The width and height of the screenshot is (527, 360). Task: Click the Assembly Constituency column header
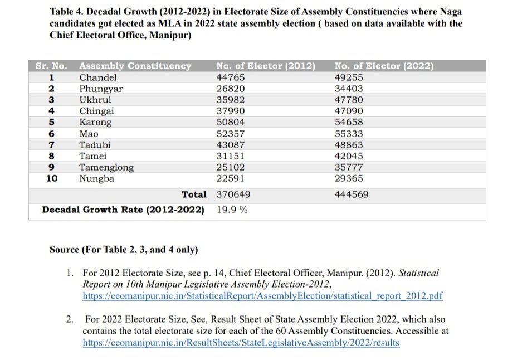[x=135, y=66]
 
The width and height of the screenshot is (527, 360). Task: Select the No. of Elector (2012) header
[x=266, y=66]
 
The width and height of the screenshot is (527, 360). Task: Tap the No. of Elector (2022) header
[x=384, y=66]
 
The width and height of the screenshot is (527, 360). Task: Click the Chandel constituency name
[x=98, y=77]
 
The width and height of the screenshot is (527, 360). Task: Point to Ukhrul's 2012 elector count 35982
[x=231, y=100]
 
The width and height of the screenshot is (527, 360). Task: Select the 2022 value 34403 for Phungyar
[x=349, y=89]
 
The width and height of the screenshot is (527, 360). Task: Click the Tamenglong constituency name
[x=106, y=167]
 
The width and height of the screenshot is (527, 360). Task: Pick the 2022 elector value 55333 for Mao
[x=349, y=134]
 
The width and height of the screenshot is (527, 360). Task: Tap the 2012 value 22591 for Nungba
[x=231, y=178]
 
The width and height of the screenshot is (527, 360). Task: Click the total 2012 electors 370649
[x=233, y=194]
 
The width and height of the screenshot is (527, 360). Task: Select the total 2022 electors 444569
[x=352, y=194]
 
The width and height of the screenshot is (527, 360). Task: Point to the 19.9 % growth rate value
[x=232, y=210]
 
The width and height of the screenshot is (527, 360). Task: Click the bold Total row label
[x=194, y=194]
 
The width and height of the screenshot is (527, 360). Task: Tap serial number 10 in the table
[x=52, y=178]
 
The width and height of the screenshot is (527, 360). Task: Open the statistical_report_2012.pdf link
[x=263, y=296]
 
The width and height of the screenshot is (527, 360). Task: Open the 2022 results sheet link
[x=241, y=343]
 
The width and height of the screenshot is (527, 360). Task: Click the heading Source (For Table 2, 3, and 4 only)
[x=124, y=250]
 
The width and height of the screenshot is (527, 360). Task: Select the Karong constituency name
[x=95, y=123]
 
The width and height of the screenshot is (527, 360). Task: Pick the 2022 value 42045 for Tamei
[x=349, y=156]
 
